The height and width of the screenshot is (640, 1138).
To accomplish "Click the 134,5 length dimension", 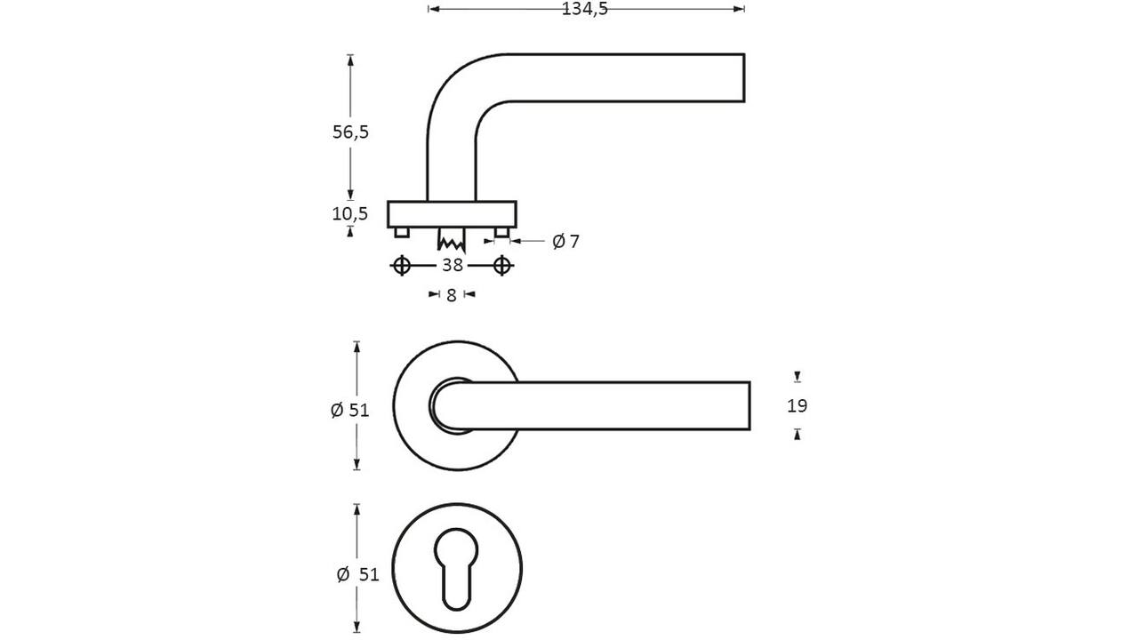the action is (x=585, y=9).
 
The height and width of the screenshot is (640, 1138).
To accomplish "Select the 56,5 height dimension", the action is (x=350, y=132).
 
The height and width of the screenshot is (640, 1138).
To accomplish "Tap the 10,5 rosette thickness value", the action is (x=349, y=214).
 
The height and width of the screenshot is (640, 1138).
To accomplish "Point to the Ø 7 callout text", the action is (x=565, y=241).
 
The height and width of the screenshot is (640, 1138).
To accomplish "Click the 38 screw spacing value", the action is (x=453, y=265).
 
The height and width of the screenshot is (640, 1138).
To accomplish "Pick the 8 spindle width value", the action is (x=452, y=295).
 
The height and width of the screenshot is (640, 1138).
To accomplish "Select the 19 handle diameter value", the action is (x=797, y=406).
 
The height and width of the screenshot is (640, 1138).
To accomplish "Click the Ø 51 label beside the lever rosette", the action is (x=349, y=410).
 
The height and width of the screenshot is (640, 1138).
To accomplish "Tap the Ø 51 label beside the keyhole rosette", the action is (x=358, y=574).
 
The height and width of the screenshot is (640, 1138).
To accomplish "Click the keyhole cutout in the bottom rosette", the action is (x=456, y=569).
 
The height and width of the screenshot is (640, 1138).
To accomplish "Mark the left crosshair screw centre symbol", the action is (x=401, y=265).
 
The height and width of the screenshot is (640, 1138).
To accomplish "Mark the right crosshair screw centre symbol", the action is (x=502, y=265).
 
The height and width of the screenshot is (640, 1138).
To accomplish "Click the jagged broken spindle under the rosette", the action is (x=451, y=240).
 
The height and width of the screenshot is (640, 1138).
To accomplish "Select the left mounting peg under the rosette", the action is (x=401, y=233).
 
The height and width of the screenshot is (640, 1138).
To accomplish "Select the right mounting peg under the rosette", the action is (x=502, y=233).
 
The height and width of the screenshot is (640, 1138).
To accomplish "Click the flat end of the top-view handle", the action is (x=744, y=77).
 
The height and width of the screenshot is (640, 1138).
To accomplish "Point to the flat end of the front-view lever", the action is (x=749, y=406).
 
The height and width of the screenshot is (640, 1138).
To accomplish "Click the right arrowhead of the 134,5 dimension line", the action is (x=739, y=9).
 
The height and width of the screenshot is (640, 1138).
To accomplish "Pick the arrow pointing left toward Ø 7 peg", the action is (x=515, y=241).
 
